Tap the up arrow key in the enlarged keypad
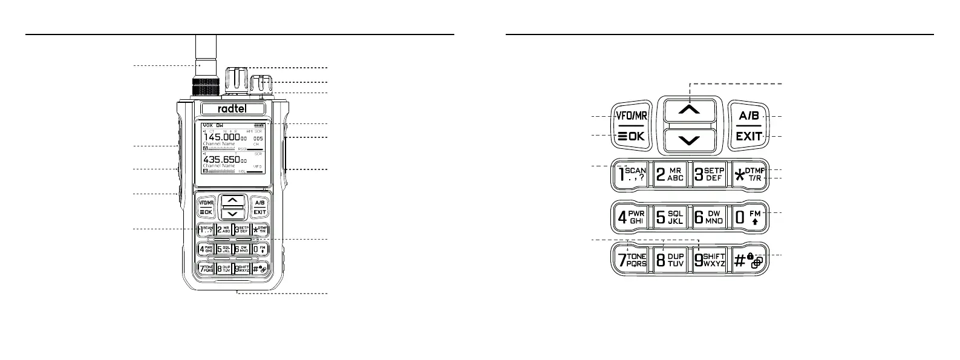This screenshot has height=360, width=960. click(x=690, y=110)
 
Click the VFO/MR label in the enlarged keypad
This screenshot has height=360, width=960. click(x=631, y=116)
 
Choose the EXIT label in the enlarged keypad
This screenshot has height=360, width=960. click(x=749, y=137)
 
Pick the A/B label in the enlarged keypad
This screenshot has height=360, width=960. click(x=749, y=116)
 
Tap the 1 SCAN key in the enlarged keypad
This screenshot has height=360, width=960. click(x=631, y=175)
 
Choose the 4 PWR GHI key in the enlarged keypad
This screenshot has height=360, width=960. click(x=631, y=217)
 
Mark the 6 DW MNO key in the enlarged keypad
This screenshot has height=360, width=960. click(x=710, y=217)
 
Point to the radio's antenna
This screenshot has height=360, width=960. click(x=201, y=61)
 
